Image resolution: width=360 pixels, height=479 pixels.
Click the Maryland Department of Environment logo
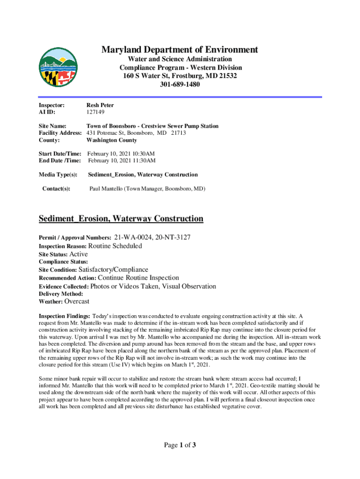(x=58, y=67)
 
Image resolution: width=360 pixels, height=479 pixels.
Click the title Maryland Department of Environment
(x=180, y=50)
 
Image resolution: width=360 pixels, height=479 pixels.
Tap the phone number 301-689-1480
(x=180, y=85)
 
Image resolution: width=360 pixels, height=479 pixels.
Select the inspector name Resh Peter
(x=100, y=105)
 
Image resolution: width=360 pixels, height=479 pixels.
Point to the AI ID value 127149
(x=95, y=112)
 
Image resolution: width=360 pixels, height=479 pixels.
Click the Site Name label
(x=52, y=126)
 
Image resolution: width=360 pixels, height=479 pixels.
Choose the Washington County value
(x=112, y=140)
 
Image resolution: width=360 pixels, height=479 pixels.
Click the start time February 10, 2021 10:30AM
(x=121, y=153)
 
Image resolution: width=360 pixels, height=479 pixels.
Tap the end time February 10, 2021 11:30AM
(x=121, y=160)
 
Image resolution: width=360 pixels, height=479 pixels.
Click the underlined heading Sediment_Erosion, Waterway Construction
(x=121, y=218)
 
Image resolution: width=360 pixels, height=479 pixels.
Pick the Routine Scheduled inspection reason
(x=115, y=246)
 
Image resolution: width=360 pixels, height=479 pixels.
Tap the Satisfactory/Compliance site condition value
(x=113, y=269)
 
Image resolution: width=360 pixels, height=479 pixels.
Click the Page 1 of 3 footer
(x=180, y=445)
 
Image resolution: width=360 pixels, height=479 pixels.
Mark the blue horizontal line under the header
(x=180, y=97)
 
